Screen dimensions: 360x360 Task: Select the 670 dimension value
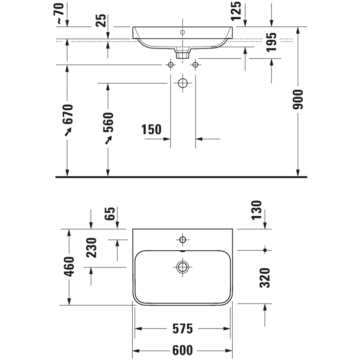click(x=68, y=114)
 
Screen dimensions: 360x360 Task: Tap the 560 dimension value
click(x=108, y=122)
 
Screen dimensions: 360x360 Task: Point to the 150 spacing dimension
click(x=151, y=130)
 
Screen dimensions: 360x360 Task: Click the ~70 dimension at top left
click(x=60, y=13)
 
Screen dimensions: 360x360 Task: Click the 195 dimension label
click(x=272, y=42)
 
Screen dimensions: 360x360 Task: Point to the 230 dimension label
click(x=92, y=247)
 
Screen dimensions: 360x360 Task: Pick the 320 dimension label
click(x=265, y=277)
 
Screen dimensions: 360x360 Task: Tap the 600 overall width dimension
click(x=182, y=350)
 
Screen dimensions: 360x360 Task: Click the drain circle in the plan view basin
click(x=183, y=266)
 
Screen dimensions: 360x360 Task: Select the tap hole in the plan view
click(x=183, y=240)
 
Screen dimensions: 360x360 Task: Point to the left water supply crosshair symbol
click(x=171, y=65)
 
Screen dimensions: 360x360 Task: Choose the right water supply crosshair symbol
click(x=195, y=65)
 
